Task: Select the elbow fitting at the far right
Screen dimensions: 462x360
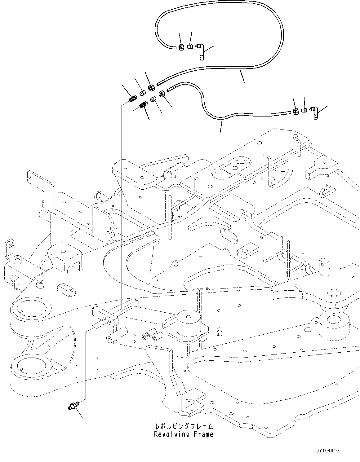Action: pos(314,112)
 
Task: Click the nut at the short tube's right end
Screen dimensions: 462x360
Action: pos(296,111)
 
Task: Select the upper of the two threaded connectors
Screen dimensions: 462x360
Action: pos(133,99)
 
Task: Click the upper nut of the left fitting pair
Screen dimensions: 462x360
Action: pos(151,88)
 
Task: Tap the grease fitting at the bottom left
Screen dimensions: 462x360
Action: pos(73,406)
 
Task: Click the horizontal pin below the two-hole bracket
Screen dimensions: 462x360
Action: pos(117,337)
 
